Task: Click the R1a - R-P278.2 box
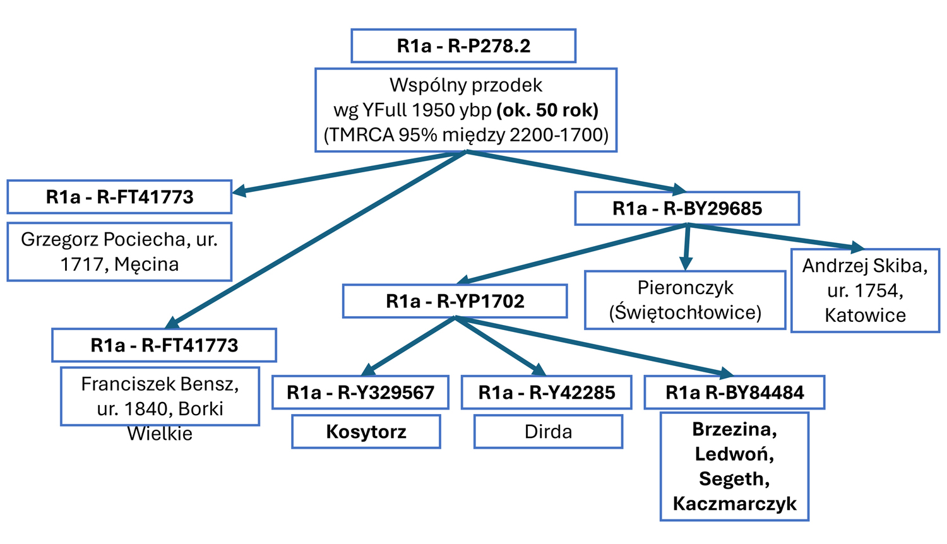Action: (x=463, y=46)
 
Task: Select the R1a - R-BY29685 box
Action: (x=687, y=209)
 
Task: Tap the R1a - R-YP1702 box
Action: (x=455, y=301)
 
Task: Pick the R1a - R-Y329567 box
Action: (x=360, y=393)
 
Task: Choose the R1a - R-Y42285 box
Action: (x=546, y=393)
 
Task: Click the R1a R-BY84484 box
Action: (x=734, y=393)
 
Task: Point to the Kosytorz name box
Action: (x=366, y=432)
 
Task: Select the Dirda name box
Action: (x=548, y=432)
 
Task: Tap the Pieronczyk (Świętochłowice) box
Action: (x=685, y=300)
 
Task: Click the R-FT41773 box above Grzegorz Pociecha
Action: (x=119, y=197)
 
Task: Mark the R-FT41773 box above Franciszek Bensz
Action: (x=164, y=345)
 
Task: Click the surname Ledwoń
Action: (x=734, y=454)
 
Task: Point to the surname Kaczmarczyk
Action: (x=734, y=504)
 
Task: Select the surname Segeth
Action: (x=734, y=479)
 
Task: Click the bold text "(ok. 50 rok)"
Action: (x=547, y=110)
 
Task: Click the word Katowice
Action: (x=865, y=315)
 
